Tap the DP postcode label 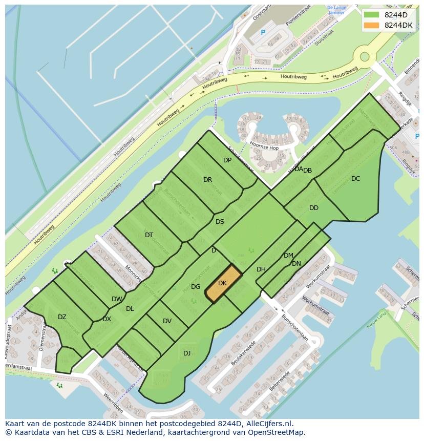tap(227, 160)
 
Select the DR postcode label tap(207, 180)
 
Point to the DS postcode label tap(220, 222)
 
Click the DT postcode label tap(149, 235)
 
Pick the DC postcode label tap(356, 179)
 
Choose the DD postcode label tap(314, 208)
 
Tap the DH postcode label tap(261, 269)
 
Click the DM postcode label tap(288, 256)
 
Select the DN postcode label tap(296, 264)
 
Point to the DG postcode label tap(196, 287)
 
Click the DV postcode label tap(167, 321)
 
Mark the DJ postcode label tap(187, 353)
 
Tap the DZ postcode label tap(62, 317)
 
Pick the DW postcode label tap(117, 299)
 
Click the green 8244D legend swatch tap(371, 15)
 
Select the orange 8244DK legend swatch tap(371, 25)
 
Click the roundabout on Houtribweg tap(365, 56)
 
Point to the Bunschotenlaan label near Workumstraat tap(297, 328)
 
